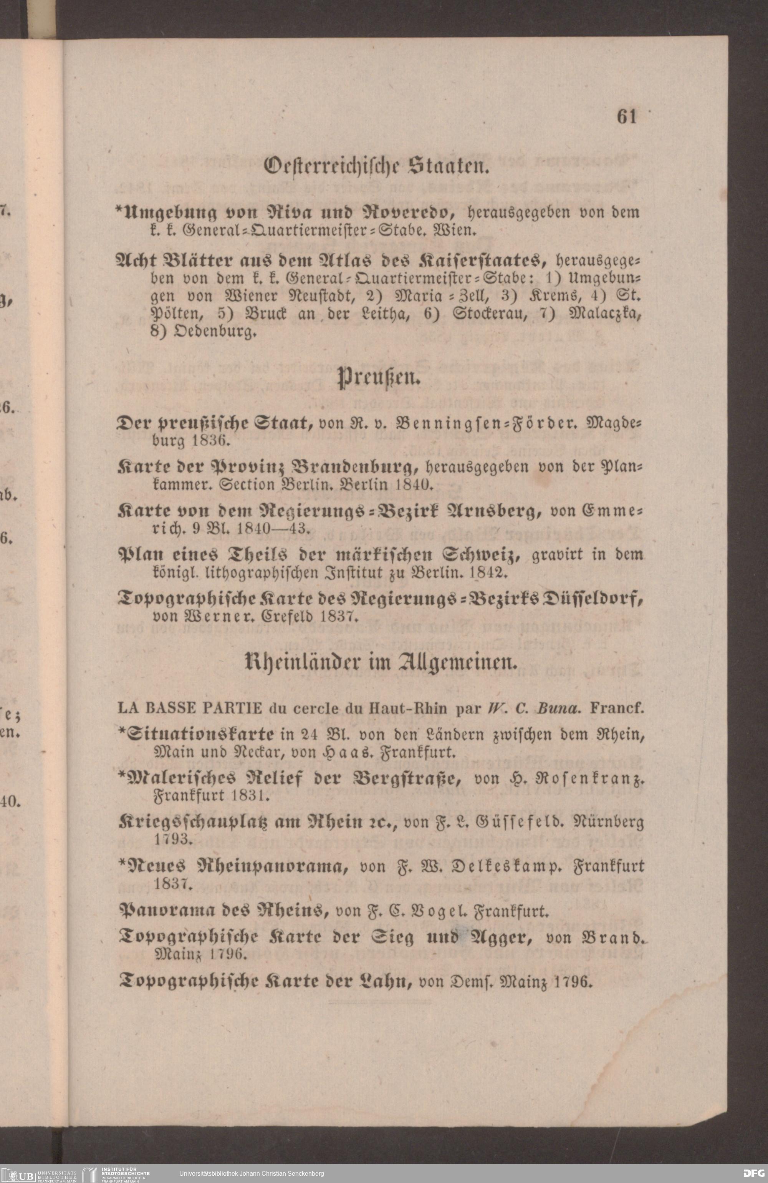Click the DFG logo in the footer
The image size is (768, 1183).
[x=753, y=1173]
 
